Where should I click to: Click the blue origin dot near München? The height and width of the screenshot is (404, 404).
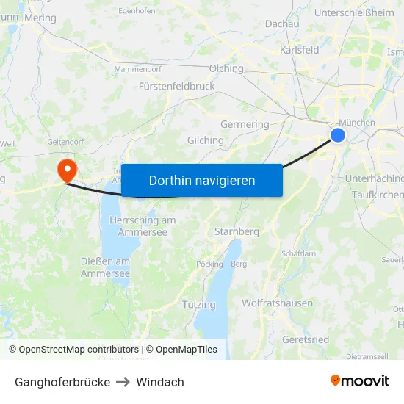point(338,135)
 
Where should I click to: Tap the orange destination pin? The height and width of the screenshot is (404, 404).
point(67,170)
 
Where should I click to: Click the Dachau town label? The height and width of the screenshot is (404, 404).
point(282,24)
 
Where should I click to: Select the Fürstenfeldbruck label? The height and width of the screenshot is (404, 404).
point(176,86)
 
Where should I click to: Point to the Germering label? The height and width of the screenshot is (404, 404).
point(245,124)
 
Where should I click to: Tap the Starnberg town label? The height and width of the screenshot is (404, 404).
point(237,231)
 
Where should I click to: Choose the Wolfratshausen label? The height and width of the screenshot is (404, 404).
point(277,303)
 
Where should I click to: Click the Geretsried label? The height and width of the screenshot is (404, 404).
point(306,339)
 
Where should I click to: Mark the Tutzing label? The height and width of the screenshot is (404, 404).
point(199,304)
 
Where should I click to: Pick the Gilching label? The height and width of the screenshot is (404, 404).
point(206,140)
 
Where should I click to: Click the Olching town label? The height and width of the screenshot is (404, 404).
point(226,68)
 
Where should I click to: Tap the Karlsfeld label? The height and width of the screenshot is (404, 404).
point(300,50)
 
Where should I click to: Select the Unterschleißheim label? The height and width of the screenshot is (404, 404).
point(354,12)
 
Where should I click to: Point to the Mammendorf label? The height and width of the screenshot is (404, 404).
point(138,69)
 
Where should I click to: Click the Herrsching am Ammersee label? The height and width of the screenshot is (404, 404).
point(143,226)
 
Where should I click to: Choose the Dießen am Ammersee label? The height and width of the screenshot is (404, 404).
point(105,267)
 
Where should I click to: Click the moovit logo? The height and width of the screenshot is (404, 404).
point(359,380)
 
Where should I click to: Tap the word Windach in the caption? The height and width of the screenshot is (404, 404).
point(160,382)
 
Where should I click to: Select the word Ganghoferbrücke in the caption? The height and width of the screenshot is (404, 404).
point(62,382)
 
